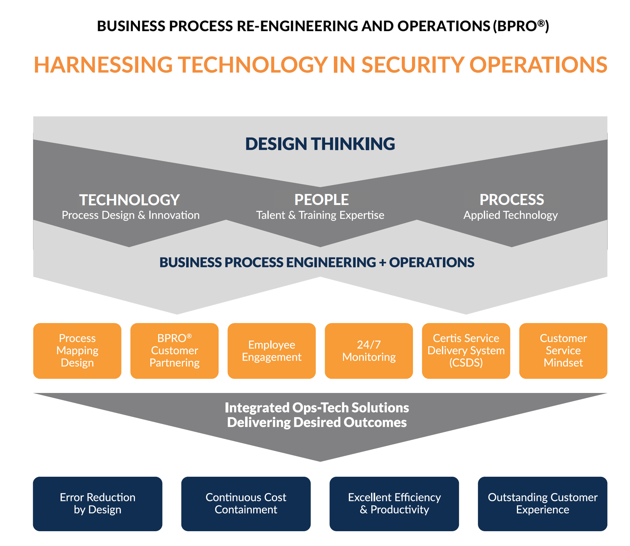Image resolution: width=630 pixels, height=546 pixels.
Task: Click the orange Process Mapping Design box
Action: [77, 350]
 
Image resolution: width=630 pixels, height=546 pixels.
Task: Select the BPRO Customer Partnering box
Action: [174, 350]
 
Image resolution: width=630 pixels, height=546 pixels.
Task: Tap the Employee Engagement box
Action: [272, 350]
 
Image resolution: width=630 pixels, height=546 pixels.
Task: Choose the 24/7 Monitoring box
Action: [369, 350]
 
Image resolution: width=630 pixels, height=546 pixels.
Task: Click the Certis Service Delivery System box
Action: [466, 350]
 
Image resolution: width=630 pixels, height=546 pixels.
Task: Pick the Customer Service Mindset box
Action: [563, 350]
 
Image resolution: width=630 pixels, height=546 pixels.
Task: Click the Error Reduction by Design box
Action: [98, 503]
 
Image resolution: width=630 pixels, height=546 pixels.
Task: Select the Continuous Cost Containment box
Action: [246, 503]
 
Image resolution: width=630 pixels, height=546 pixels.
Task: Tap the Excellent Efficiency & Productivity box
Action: [394, 503]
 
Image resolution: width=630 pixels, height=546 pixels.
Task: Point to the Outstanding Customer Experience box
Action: [542, 503]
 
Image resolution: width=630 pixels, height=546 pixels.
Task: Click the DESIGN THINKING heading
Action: [320, 144]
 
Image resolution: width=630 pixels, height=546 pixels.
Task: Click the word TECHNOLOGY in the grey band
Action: [129, 200]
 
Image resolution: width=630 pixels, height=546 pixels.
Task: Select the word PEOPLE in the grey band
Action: [321, 200]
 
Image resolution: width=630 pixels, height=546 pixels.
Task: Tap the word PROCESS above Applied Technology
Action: [512, 200]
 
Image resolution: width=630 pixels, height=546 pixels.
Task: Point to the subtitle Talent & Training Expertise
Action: [320, 215]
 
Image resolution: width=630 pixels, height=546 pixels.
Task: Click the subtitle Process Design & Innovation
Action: [130, 215]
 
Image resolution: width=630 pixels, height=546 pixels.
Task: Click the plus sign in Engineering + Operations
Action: [382, 263]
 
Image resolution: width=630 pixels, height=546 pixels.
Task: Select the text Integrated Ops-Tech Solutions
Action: [317, 408]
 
